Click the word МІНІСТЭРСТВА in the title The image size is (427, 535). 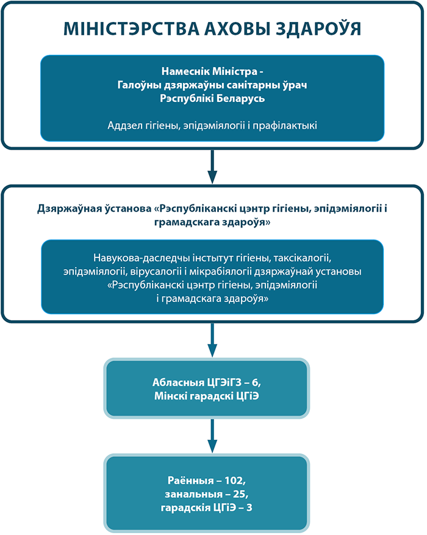click(131, 29)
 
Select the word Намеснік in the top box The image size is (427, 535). click(185, 71)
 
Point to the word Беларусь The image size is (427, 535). click(240, 99)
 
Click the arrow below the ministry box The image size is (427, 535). click(212, 167)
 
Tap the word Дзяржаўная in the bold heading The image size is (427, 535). click(65, 209)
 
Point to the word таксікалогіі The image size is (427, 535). click(302, 258)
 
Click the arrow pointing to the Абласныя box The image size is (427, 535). click(212, 340)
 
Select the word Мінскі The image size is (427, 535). click(171, 396)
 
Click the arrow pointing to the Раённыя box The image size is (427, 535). click(212, 436)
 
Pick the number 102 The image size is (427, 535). click(234, 481)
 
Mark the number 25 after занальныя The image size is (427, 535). click(240, 494)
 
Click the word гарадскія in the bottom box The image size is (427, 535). click(186, 508)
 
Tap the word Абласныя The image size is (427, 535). click(178, 383)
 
